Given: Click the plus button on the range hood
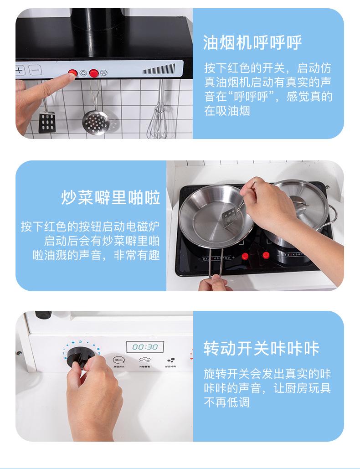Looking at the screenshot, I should pyautogui.click(x=20, y=71).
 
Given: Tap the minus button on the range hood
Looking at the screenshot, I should pyautogui.click(x=36, y=71).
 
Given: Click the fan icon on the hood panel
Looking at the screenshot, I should pyautogui.click(x=104, y=72).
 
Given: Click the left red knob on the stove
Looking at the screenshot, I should pyautogui.click(x=245, y=256).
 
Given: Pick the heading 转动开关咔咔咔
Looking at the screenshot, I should pyautogui.click(x=261, y=349).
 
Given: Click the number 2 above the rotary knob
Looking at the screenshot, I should pyautogui.click(x=80, y=341).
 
